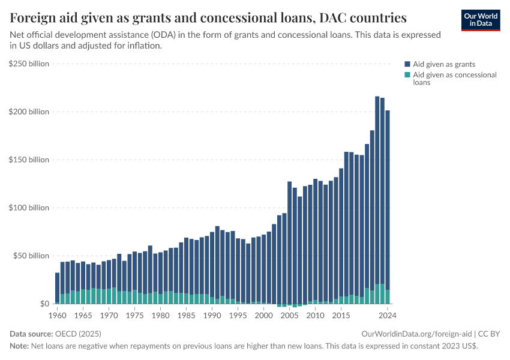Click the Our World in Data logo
(x=480, y=19)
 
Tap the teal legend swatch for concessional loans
(x=407, y=75)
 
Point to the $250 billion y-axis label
(x=29, y=64)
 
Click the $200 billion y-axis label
(x=29, y=112)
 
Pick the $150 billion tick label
(x=29, y=160)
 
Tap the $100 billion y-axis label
(x=29, y=208)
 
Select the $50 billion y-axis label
(x=31, y=256)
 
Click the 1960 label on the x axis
(x=57, y=314)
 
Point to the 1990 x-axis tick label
(x=212, y=314)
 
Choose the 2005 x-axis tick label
(x=289, y=314)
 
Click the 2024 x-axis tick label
(x=387, y=314)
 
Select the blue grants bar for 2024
(x=388, y=198)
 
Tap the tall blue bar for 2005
(x=289, y=240)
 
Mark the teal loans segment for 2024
(x=388, y=297)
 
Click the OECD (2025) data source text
(x=78, y=334)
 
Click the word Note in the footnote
(x=19, y=346)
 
